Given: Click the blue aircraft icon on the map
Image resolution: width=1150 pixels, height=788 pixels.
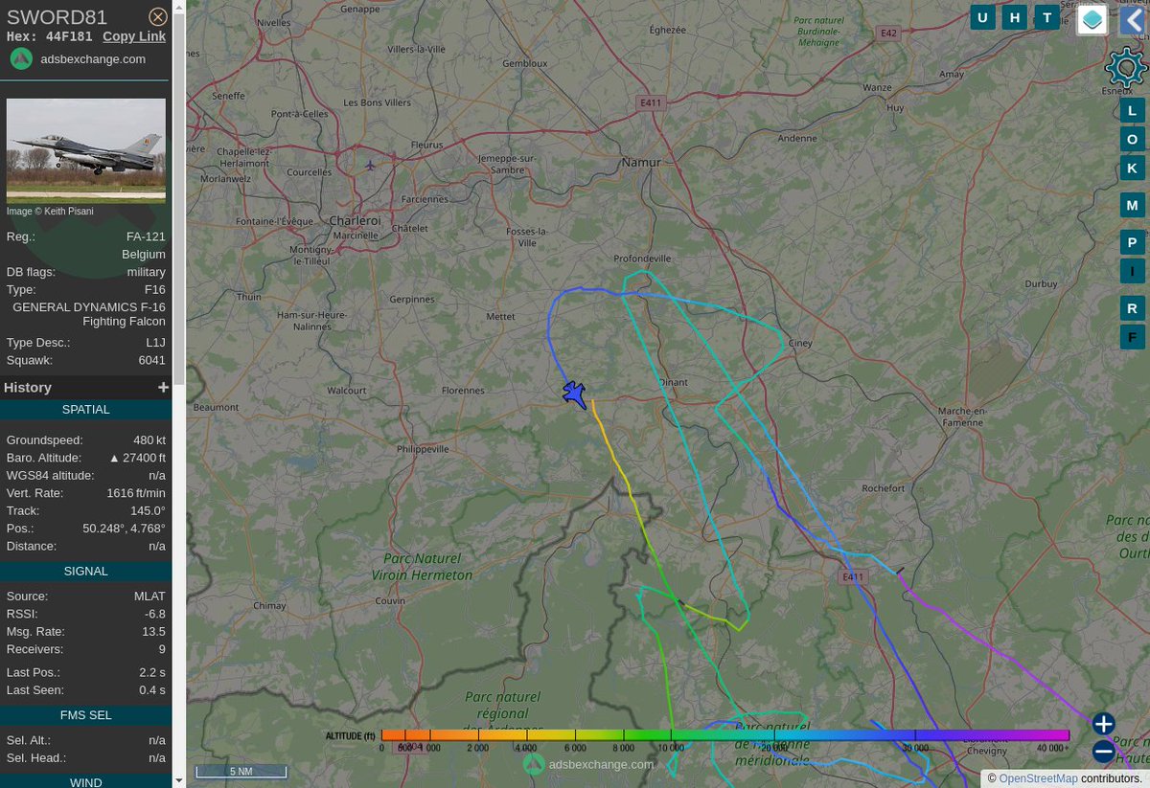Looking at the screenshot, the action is pos(574,394).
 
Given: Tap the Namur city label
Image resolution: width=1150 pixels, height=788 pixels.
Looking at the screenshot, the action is pos(641,162).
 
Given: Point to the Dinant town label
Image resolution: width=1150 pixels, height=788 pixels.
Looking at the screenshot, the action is pos(674,381).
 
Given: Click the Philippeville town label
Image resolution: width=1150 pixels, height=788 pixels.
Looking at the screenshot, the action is pos(423,448).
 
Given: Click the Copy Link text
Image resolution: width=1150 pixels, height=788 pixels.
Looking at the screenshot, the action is pos(134,36).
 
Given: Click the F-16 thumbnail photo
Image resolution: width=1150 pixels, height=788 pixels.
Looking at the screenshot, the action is pos(86,150).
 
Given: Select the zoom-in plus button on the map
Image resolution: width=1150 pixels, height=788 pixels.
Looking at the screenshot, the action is pos(1103,724).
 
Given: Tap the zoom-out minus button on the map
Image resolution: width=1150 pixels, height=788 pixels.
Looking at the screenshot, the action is pos(1103,751).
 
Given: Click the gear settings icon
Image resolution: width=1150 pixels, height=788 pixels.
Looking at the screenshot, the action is pos(1125,68).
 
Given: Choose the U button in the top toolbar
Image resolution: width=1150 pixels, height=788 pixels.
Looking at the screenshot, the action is pos(982,18).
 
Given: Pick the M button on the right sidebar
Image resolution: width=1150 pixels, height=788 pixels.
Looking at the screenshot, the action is pos(1132,205).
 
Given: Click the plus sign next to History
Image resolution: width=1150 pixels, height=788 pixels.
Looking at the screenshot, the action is pos(163,387).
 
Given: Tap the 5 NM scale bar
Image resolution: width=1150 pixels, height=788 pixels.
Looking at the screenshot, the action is pos(241,771).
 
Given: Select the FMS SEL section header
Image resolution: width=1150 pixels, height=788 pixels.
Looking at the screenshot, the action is pos(86,714).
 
